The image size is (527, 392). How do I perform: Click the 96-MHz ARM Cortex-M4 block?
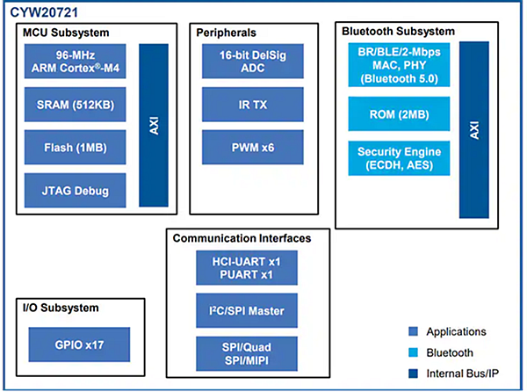point(77,62)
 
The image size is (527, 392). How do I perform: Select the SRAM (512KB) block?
point(77,105)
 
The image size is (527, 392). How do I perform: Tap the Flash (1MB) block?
point(77,147)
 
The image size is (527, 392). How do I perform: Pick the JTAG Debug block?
point(77,189)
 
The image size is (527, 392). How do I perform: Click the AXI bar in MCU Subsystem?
point(154,125)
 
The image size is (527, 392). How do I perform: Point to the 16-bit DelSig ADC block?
point(240,62)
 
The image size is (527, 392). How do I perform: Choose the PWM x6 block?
point(240,147)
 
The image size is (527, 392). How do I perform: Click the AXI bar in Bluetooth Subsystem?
point(473,130)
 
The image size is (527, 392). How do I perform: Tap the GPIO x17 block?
point(79,345)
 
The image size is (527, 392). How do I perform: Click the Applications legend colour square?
point(413,332)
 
